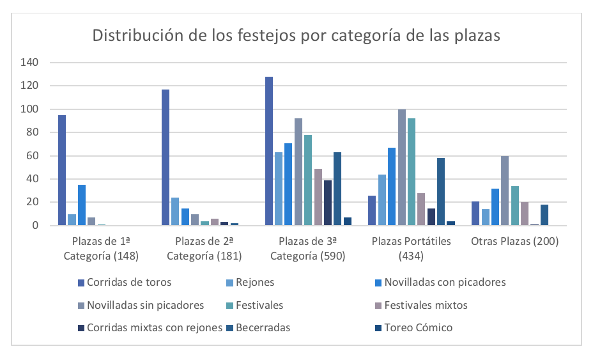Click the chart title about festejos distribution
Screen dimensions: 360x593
pos(296,35)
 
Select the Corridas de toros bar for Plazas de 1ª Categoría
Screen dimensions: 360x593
pos(62,170)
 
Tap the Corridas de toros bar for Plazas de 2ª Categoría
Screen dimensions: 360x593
pos(166,157)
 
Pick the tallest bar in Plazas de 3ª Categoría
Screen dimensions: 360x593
pos(269,151)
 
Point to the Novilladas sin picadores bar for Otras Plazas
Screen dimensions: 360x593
pos(505,191)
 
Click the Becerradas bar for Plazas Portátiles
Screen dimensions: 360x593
pos(441,192)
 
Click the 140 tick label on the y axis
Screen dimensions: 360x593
pos(31,63)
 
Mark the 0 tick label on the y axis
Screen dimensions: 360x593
pos(36,226)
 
